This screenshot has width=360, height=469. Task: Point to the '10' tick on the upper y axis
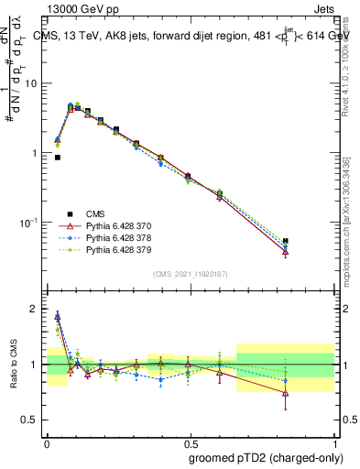click(x=34, y=83)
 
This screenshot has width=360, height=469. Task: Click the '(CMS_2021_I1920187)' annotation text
click(x=191, y=274)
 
